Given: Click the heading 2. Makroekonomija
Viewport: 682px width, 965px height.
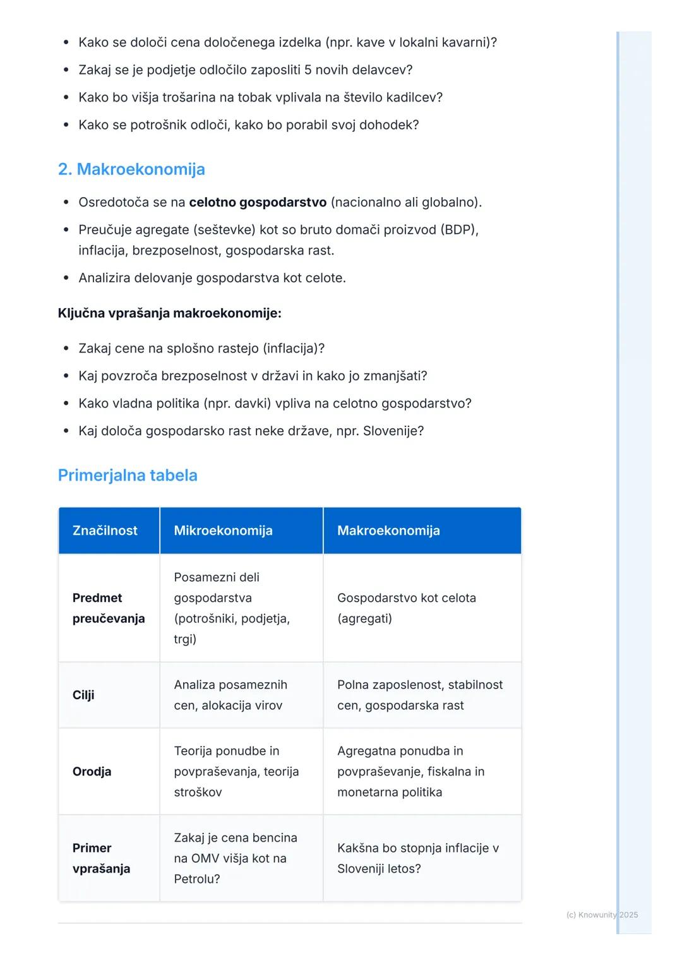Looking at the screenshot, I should [x=131, y=169].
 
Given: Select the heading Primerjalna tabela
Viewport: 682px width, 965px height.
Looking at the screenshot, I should [x=128, y=476].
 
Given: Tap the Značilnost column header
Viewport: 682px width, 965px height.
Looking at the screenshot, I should [x=105, y=530].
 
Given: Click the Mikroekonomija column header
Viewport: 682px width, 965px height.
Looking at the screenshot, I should [x=223, y=530].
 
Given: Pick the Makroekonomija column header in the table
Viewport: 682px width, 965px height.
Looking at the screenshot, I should [x=388, y=530].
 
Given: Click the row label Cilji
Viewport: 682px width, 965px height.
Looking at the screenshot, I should [x=83, y=695].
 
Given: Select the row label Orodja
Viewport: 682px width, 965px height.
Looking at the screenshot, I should [x=92, y=772].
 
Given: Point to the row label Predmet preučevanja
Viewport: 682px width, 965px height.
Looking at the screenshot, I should [x=108, y=608].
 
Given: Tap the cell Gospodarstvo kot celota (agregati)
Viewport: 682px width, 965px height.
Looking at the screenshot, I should [x=406, y=608].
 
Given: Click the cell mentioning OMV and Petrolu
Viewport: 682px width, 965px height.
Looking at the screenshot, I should [x=235, y=858].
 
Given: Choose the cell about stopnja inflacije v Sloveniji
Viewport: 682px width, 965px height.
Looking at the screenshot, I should [x=417, y=858].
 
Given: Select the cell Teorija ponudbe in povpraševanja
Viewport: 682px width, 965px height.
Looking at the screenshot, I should [x=236, y=772].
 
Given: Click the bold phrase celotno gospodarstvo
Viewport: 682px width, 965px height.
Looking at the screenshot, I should [x=258, y=203].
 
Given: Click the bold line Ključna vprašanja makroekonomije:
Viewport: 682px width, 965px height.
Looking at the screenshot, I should [x=169, y=313].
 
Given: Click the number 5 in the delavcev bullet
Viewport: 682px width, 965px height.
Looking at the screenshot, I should [x=308, y=70].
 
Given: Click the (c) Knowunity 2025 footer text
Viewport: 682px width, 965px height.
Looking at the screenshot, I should [x=602, y=914].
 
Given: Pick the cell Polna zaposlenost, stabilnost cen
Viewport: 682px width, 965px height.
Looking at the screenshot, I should [x=420, y=695].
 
